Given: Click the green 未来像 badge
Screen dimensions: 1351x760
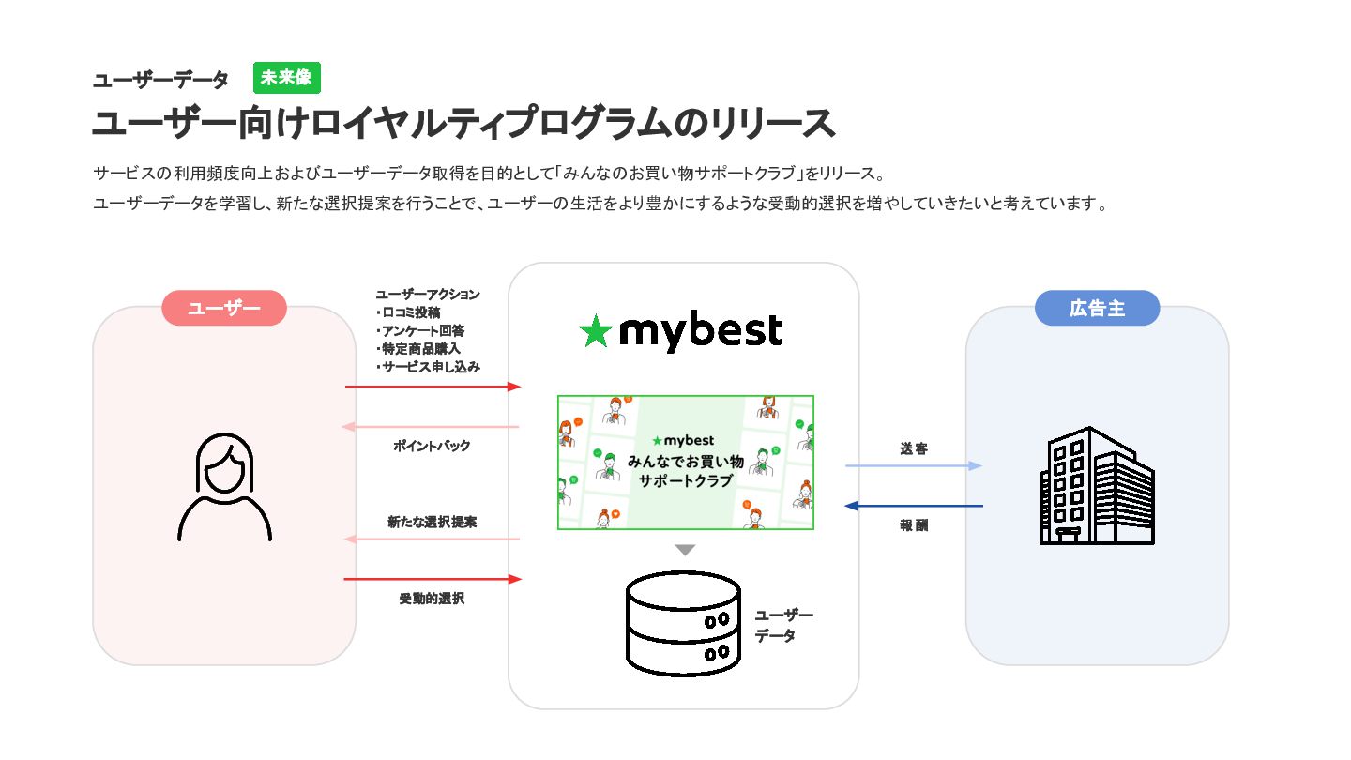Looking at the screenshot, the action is [286, 78].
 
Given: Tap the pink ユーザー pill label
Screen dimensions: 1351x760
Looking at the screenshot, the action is [223, 308].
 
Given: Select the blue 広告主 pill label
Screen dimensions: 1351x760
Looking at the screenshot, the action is [1097, 308].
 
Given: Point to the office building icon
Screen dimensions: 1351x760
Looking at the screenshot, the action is [1097, 486].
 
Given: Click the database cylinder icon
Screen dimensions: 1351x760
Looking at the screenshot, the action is [683, 623].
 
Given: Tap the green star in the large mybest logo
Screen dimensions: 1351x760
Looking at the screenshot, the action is [595, 331].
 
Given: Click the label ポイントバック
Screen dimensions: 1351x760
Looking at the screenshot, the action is [432, 446].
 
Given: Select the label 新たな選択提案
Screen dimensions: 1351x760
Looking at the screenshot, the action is [432, 522].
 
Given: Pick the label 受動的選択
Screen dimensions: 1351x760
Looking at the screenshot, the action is [432, 599].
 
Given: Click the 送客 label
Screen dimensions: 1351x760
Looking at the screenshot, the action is [914, 448].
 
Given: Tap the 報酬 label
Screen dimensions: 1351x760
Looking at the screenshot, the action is [914, 525].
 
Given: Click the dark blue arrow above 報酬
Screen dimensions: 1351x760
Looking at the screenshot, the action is [914, 506].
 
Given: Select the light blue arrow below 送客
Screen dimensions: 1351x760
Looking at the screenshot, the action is [914, 465].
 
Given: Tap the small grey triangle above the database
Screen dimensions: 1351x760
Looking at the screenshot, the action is [685, 550].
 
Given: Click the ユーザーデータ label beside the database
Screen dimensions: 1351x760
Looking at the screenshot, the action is [783, 626].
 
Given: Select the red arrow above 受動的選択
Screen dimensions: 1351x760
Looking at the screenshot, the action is [433, 579].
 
